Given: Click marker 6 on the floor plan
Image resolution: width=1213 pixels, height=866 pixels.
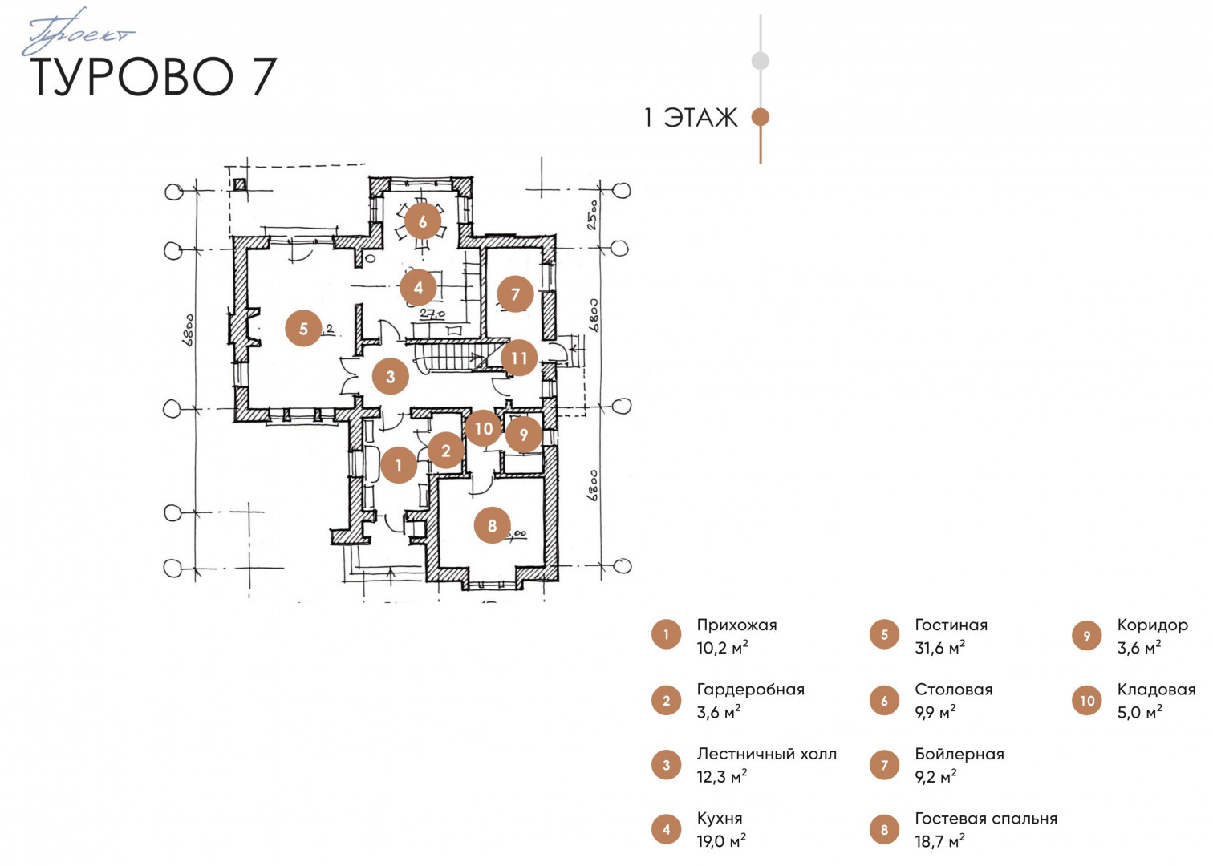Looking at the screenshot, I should click(423, 221).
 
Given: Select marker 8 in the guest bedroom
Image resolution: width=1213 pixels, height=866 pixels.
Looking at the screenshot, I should click(492, 525).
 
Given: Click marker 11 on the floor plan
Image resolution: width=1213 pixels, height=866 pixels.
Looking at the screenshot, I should click(519, 358).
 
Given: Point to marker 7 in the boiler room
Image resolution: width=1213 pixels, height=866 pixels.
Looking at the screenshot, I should click(515, 294).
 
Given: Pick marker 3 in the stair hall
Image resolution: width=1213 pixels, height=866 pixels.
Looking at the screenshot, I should click(390, 376).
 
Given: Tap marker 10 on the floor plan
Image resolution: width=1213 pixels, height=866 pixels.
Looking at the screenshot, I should click(483, 428).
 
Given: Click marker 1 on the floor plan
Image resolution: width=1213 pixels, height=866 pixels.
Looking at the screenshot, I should click(398, 465).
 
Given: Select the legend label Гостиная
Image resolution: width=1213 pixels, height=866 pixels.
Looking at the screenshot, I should click(951, 625).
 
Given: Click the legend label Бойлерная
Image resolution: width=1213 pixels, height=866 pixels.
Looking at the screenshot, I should click(959, 754).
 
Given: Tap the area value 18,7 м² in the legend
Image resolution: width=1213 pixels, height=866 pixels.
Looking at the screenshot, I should click(939, 841).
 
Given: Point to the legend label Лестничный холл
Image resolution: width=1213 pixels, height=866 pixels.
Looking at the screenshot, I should click(766, 754).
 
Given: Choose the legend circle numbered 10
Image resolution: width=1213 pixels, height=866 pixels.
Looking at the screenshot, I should click(1087, 701).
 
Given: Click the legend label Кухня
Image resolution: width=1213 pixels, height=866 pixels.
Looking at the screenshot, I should click(719, 818).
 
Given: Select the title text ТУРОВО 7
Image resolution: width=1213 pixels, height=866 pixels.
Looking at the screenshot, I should click(154, 77).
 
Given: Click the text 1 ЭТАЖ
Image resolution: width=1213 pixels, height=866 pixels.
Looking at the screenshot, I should click(690, 118).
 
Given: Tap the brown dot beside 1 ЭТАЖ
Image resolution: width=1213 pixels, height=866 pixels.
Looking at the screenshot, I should click(760, 117).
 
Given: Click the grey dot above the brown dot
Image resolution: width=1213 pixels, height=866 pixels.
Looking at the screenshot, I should click(760, 60).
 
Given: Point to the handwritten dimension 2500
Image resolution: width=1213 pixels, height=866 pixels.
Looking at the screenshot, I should click(592, 214).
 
